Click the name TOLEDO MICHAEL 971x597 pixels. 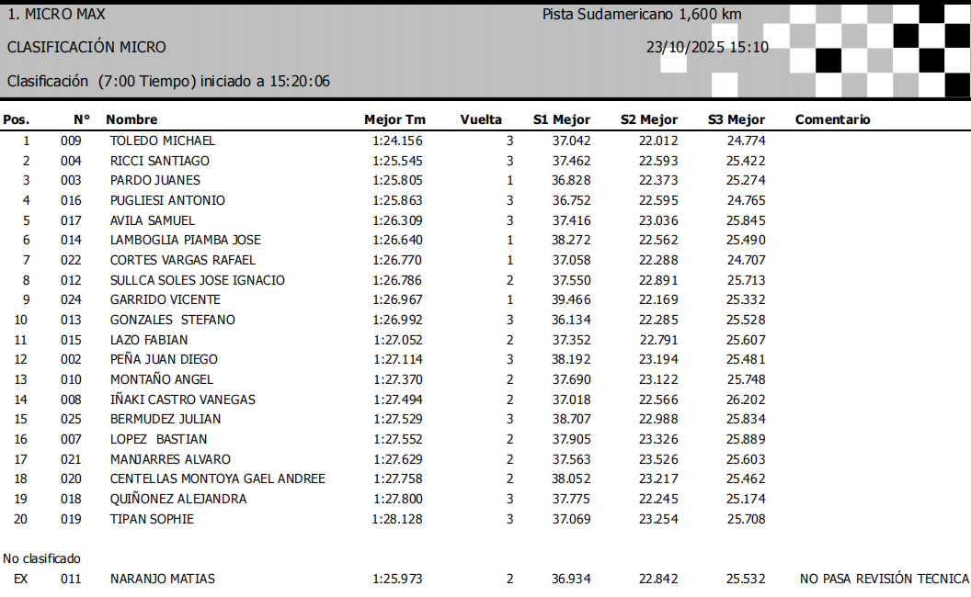coord(162,141)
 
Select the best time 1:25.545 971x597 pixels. coord(397,161)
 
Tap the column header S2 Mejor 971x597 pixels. coord(648,119)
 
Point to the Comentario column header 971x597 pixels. coord(832,119)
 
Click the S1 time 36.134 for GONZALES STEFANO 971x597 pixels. coord(571,320)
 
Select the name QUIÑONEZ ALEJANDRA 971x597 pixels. coord(178,499)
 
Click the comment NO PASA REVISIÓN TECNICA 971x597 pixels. coord(885,579)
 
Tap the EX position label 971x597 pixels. coord(20,579)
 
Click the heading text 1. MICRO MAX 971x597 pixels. coord(56,14)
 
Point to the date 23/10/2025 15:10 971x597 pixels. coord(707,48)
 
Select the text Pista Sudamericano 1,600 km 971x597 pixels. coord(642,14)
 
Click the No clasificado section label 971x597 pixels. coord(41,558)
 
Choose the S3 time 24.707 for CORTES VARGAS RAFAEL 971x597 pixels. coord(746,260)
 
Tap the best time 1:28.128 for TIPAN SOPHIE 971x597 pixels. coord(397,519)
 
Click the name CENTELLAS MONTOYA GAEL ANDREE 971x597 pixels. coord(217,479)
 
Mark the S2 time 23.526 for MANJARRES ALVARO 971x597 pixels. coord(658,459)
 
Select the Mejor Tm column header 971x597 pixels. coord(394,119)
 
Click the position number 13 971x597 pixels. coord(20,379)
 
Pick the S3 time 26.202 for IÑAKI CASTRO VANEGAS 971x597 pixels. coord(746,400)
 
